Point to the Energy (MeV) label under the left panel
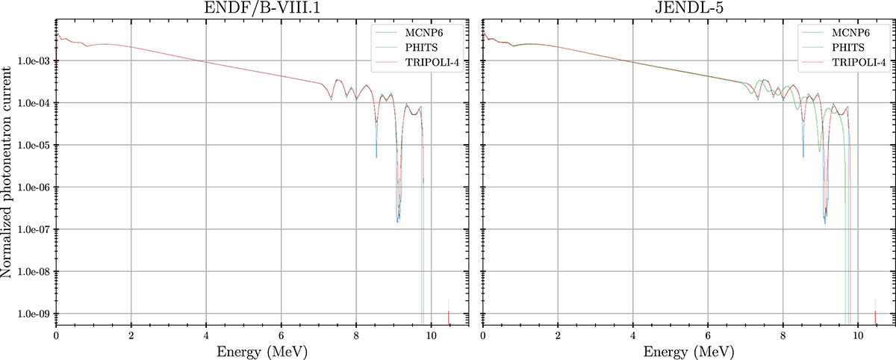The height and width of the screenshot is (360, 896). pyautogui.click(x=261, y=350)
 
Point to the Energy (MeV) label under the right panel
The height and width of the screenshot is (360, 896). pyautogui.click(x=689, y=350)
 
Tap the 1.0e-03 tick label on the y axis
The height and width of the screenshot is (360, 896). pyautogui.click(x=33, y=60)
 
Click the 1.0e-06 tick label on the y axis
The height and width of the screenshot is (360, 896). pyautogui.click(x=33, y=187)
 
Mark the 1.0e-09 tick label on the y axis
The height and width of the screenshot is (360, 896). pyautogui.click(x=33, y=314)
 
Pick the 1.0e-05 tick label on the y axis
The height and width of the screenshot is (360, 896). pyautogui.click(x=33, y=145)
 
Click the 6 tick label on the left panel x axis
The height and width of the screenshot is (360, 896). pyautogui.click(x=281, y=333)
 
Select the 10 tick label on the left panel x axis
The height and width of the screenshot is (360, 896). pyautogui.click(x=431, y=333)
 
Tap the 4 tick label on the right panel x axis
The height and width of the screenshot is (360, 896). pyautogui.click(x=633, y=333)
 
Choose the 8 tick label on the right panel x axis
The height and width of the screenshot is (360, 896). pyautogui.click(x=783, y=333)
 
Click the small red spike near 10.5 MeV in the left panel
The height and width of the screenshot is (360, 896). pyautogui.click(x=449, y=317)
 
